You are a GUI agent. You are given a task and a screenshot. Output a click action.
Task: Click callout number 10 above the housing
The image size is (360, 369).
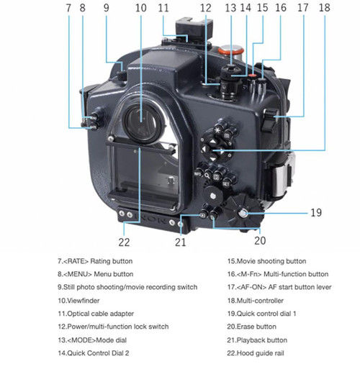click(141, 8)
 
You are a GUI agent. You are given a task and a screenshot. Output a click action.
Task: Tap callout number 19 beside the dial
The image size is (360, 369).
click(316, 212)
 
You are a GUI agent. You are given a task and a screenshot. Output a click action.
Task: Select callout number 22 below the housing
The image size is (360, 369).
click(124, 242)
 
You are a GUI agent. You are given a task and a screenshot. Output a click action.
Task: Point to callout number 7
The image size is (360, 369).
click(68, 8)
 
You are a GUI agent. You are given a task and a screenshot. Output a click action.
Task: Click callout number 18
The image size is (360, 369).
click(325, 8)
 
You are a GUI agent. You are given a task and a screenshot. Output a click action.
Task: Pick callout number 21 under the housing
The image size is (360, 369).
click(180, 242)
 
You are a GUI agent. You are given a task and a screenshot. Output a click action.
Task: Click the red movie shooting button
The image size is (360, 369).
click(253, 76)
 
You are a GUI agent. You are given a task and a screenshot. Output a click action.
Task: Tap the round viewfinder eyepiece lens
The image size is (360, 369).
click(142, 123)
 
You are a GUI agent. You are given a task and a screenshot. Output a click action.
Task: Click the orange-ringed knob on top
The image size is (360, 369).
click(231, 51)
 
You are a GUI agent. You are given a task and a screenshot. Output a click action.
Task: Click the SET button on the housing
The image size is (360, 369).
click(225, 184)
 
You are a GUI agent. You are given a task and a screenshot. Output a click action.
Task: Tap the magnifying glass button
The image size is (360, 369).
click(207, 176)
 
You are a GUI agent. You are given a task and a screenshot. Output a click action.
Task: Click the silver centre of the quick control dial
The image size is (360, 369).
click(243, 213)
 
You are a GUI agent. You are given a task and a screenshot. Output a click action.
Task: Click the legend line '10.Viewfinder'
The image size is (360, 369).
click(78, 301)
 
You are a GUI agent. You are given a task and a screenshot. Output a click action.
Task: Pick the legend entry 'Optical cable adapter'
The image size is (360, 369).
click(100, 314)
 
